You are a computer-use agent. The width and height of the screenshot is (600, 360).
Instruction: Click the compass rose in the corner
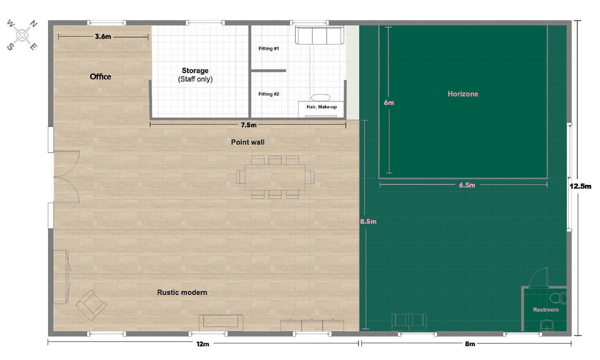(22, 35)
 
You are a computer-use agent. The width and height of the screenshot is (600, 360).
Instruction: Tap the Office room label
(100, 77)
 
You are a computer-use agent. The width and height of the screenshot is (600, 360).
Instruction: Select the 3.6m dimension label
(103, 37)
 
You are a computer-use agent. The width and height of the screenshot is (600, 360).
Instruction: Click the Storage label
(195, 70)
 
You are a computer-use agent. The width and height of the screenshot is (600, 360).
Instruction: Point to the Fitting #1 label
(269, 48)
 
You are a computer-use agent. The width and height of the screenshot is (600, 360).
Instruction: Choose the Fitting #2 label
(269, 94)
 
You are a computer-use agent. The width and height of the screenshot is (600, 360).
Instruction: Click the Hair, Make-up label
(322, 107)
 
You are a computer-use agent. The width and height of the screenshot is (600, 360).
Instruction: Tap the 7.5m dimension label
(248, 125)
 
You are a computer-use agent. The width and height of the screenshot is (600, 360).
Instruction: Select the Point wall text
(248, 142)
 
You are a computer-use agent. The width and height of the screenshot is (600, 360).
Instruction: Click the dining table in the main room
(275, 177)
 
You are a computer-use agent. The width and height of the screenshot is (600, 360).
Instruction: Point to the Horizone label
(463, 94)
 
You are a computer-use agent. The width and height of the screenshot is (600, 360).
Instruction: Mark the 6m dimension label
(389, 102)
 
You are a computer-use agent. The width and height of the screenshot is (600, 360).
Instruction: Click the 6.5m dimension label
(467, 185)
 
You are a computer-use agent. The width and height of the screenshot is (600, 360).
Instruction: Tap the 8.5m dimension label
(368, 222)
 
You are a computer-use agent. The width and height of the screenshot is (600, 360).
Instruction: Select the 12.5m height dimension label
(580, 186)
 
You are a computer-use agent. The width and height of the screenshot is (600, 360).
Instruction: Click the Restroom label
(546, 310)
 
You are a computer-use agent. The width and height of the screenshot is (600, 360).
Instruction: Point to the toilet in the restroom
(558, 298)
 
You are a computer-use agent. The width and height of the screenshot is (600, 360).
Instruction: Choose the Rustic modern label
(182, 292)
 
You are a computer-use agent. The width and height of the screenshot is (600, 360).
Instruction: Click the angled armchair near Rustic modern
(91, 305)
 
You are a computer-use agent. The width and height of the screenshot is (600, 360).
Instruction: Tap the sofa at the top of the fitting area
(320, 35)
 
